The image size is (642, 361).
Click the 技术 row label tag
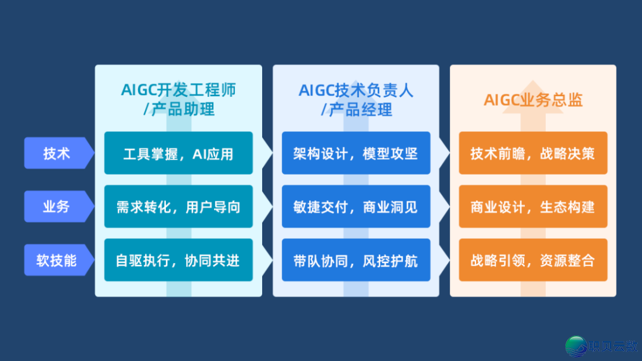coord(57,153)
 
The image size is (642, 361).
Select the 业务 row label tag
coord(57,207)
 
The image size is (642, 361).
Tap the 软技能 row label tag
coord(57,260)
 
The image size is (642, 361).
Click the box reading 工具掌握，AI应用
coord(178,153)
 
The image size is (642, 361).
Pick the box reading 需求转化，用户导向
coord(178,207)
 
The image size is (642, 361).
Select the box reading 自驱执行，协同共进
coord(178,260)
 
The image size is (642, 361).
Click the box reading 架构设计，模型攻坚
coord(355,153)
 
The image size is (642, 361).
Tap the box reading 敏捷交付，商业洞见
coord(355,207)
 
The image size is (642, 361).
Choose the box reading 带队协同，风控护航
coord(355,260)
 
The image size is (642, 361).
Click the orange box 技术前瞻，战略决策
coord(533,153)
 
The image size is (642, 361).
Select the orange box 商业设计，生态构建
coord(533,207)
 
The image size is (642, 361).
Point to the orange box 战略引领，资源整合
coord(533,260)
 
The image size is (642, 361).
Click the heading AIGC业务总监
coord(533,100)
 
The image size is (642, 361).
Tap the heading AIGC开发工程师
coord(178,90)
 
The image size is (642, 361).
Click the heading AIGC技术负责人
coord(355,90)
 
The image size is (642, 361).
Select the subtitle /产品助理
coord(178,110)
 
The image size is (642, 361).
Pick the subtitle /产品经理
coord(355,110)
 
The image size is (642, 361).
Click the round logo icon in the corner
coord(575,347)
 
